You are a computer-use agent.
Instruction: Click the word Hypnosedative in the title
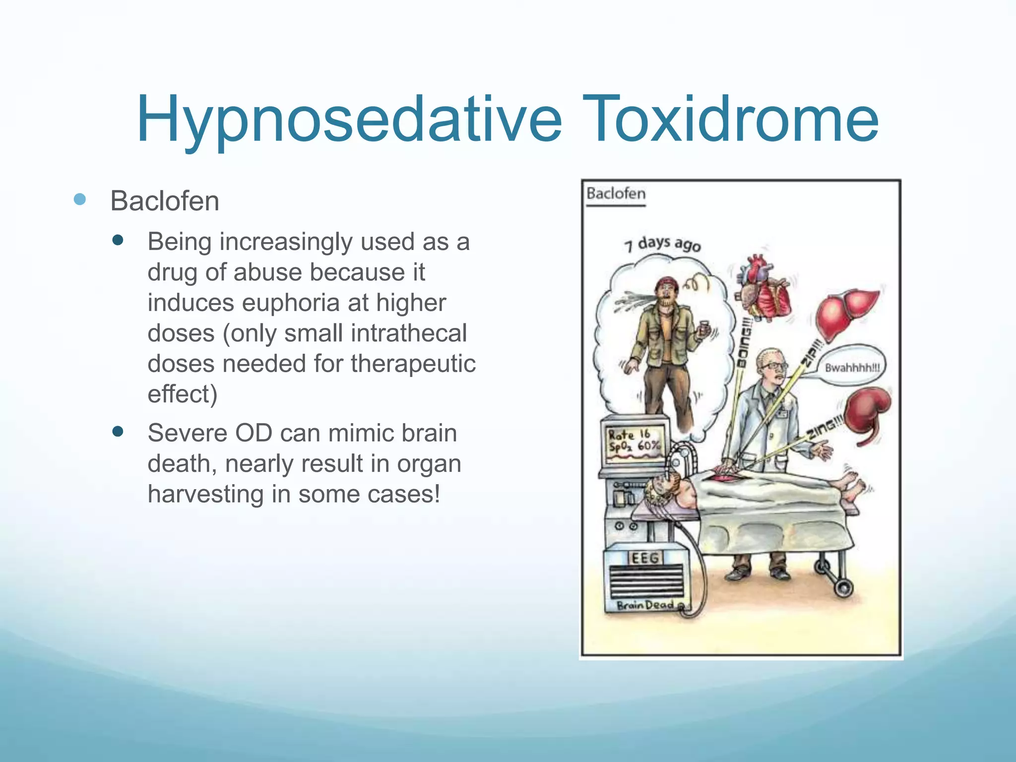[349, 120]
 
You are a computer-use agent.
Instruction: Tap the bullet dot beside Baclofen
[79, 200]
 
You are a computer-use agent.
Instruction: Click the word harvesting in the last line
[205, 494]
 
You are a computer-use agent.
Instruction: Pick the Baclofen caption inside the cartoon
[616, 193]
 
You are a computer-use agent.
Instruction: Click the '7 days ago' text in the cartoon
[662, 244]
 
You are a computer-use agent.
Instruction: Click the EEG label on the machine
[645, 558]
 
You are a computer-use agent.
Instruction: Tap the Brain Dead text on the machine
[645, 605]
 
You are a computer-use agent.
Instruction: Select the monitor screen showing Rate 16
[634, 442]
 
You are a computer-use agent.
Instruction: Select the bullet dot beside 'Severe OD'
[118, 432]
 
